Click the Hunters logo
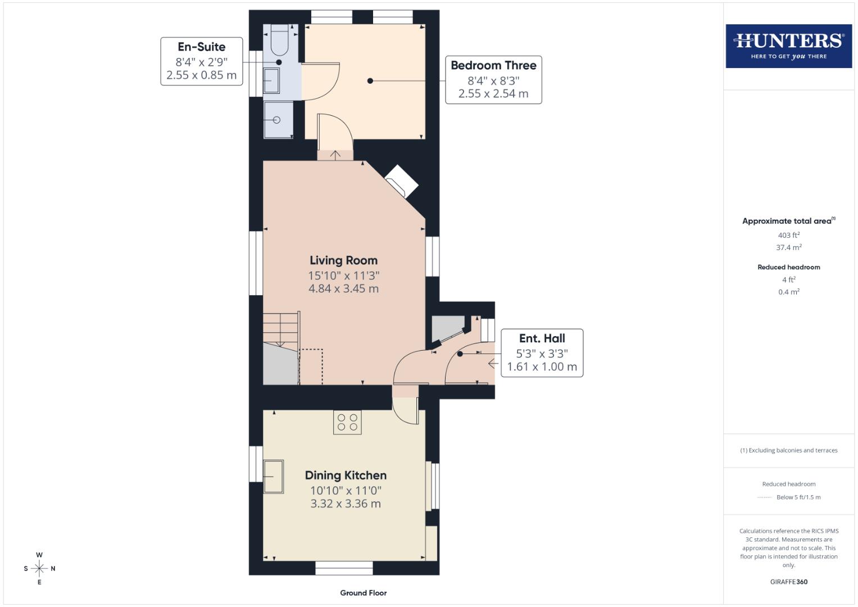click(x=788, y=46)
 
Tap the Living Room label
click(x=343, y=260)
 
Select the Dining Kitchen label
click(x=346, y=475)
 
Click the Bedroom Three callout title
click(x=493, y=65)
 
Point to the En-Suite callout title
click(x=201, y=47)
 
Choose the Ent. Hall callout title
click(x=542, y=338)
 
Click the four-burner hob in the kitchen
click(x=347, y=422)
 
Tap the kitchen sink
click(x=274, y=477)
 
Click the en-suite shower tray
click(x=278, y=120)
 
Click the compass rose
click(x=39, y=569)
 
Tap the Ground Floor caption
click(x=363, y=593)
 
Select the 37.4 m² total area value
click(x=788, y=247)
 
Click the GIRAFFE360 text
click(x=788, y=582)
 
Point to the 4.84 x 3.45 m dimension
click(x=343, y=289)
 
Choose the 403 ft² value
click(x=788, y=235)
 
